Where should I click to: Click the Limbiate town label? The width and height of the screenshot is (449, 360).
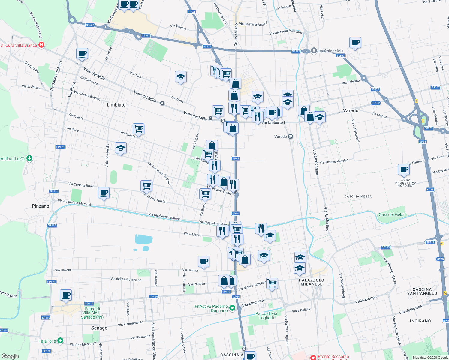tap(116, 105)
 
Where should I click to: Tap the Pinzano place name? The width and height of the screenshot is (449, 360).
tap(41, 206)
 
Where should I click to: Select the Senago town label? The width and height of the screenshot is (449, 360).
tap(99, 328)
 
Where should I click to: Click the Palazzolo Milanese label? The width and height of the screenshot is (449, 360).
tap(312, 282)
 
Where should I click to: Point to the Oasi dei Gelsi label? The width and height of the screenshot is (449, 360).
tap(391, 214)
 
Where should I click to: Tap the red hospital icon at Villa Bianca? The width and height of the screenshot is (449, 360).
tap(42, 45)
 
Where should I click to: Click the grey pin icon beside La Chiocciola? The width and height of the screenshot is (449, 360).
tap(314, 51)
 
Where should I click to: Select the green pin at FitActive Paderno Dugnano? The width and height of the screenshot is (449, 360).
tap(232, 308)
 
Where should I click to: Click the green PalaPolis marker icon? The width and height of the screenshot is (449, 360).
tap(60, 341)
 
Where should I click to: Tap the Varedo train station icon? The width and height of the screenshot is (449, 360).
tap(290, 136)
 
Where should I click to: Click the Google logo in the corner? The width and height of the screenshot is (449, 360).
tap(10, 356)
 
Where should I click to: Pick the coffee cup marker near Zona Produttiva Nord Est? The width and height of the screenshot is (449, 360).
tap(404, 169)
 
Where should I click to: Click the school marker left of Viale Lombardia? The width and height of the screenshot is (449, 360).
tap(121, 148)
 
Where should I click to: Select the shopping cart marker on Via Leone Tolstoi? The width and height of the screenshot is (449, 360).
tap(146, 186)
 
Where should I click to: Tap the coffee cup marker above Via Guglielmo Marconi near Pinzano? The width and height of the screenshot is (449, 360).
tap(104, 193)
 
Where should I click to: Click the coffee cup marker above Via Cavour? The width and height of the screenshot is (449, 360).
tap(203, 262)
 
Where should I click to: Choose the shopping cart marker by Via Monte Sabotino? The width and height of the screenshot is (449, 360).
tap(272, 283)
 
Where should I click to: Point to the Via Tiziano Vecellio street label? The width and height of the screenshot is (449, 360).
tap(334, 161)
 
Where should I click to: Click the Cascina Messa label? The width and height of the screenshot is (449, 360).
tap(358, 196)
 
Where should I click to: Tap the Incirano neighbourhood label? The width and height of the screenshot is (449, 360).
tap(420, 321)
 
